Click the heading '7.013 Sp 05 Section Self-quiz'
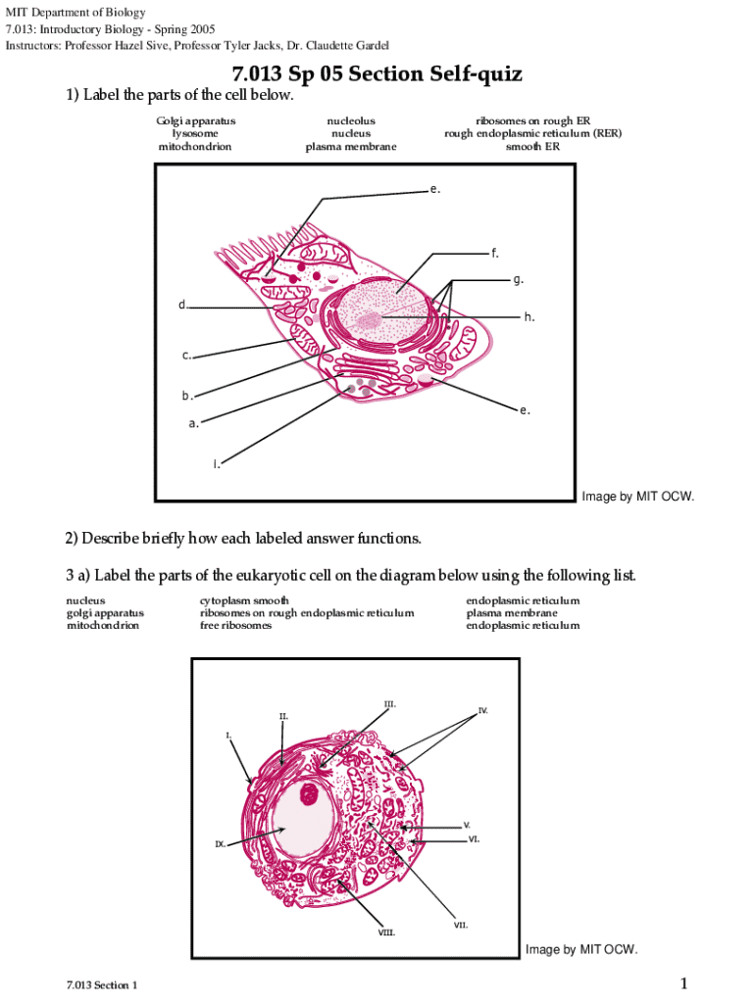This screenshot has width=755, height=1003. tap(377, 74)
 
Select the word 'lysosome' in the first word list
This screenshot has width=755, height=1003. tap(196, 133)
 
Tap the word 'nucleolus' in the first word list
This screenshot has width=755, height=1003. tap(351, 121)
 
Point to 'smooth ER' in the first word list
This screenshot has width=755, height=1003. tap(532, 146)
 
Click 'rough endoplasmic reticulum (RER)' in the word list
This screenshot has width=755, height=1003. tap(532, 133)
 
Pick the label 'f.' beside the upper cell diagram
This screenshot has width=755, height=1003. tap(495, 254)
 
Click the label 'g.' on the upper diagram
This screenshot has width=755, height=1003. tap(518, 280)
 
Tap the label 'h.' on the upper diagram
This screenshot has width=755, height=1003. tap(528, 316)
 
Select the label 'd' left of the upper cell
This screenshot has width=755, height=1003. tap(181, 305)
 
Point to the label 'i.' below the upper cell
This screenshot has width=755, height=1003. tap(217, 463)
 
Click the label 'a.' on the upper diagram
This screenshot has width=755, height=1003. tap(194, 424)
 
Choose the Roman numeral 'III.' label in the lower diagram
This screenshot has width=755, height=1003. tap(389, 704)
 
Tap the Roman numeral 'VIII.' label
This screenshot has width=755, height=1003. tap(386, 932)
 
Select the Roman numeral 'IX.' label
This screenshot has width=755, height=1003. tap(221, 843)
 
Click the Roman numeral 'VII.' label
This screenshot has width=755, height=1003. tap(460, 925)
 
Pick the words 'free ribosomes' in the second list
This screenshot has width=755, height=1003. tap(235, 625)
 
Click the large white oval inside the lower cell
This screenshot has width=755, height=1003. tap(303, 823)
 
